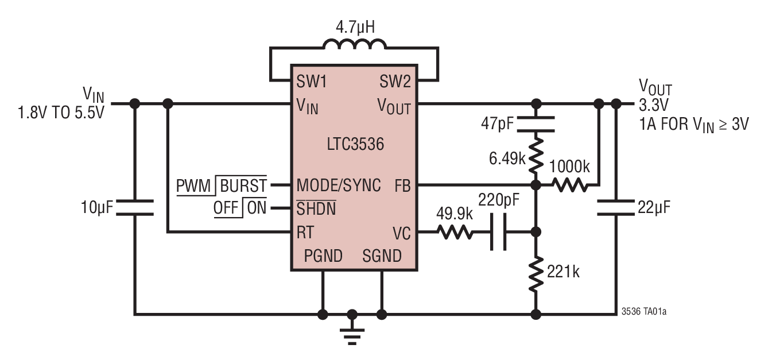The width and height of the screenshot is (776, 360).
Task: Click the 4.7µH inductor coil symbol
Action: tap(354, 45)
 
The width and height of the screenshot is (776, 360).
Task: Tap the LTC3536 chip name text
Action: tap(352, 145)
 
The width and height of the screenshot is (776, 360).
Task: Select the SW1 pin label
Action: tap(312, 82)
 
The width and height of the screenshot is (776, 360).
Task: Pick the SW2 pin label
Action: tap(395, 82)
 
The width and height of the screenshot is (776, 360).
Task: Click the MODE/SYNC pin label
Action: tap(339, 185)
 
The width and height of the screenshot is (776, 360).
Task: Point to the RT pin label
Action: tap(305, 232)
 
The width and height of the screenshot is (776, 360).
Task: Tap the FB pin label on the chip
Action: tap(402, 185)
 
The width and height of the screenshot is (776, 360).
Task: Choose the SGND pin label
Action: tap(382, 256)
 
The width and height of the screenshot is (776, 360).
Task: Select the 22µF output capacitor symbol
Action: tap(616, 207)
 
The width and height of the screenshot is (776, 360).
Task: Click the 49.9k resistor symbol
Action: tap(455, 232)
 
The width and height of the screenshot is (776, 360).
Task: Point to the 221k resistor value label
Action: tap(563, 271)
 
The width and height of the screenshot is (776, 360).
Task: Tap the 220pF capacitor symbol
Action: tap(499, 232)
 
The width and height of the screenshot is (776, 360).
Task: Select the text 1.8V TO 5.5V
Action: tap(62, 112)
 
